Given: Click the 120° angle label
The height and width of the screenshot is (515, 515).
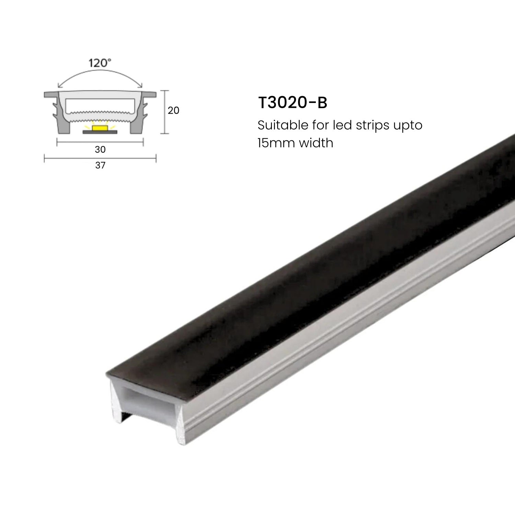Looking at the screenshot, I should point(100,63).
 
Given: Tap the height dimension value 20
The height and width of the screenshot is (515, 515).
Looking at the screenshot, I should point(173,110).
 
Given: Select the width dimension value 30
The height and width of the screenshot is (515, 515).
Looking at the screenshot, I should point(100,149).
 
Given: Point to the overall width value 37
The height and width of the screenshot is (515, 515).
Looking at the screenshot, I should point(100,165).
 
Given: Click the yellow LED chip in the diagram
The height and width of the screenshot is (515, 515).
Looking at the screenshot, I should point(100,128).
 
